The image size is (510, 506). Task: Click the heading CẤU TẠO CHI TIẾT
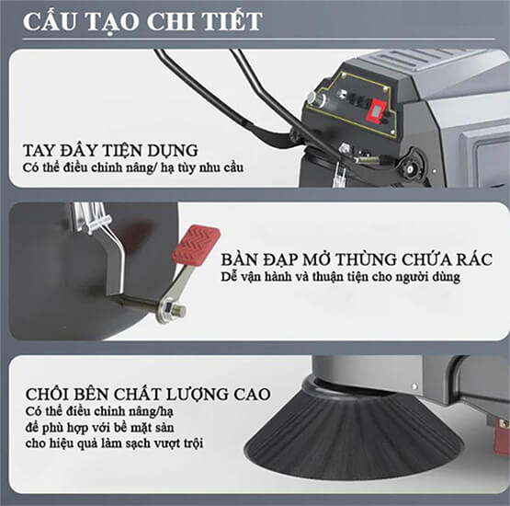click(142, 21)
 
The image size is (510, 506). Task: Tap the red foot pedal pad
click(196, 244)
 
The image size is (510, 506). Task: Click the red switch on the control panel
click(378, 112)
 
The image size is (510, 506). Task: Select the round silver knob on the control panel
click(314, 98)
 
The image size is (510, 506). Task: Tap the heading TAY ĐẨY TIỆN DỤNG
click(110, 151)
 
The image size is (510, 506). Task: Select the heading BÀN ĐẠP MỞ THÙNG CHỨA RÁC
click(357, 259)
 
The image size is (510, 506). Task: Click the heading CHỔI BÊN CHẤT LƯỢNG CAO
click(148, 394)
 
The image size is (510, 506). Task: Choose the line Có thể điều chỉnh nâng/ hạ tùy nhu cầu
click(133, 168)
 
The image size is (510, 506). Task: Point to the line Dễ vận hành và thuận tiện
click(341, 277)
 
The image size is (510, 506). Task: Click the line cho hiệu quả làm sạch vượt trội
click(114, 443)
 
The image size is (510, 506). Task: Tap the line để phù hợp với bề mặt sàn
click(99, 428)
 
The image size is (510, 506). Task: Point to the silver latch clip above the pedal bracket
click(95, 218)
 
